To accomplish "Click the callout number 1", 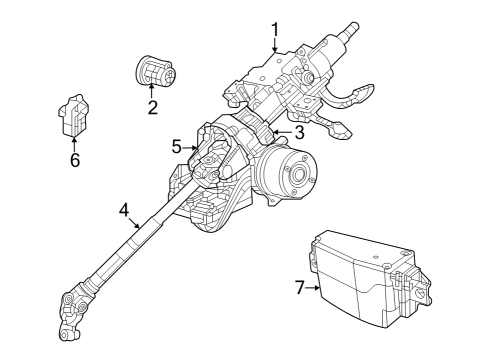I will point(275,30).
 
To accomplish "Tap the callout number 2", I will point(153,108).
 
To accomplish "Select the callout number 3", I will point(299,132).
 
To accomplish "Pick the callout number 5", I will point(177,147).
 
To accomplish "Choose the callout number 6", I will point(75,160).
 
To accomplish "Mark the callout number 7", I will point(299,287).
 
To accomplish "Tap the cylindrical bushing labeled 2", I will point(154,73).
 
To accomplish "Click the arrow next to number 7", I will point(313,287).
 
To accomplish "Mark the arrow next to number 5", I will point(192,147).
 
